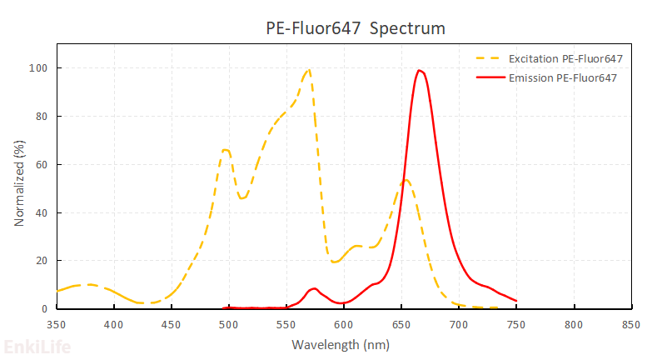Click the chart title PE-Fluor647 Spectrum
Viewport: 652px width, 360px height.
[x=355, y=28]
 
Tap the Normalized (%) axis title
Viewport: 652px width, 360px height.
[x=19, y=188]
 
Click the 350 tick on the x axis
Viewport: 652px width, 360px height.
[x=56, y=323]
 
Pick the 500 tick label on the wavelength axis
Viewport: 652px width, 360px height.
[x=228, y=323]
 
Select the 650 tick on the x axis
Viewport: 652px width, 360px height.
[x=401, y=323]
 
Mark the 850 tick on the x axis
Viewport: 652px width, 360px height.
[x=631, y=323]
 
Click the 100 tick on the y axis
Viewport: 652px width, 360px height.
[x=37, y=67]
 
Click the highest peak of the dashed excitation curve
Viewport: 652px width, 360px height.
[x=309, y=69]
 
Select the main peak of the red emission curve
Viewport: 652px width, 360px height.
[x=420, y=70]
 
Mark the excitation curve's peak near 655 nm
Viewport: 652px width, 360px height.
[x=406, y=179]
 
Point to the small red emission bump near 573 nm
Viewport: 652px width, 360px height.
[x=313, y=288]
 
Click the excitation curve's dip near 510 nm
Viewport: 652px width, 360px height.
[x=242, y=197]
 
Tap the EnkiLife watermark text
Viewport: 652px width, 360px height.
[x=37, y=347]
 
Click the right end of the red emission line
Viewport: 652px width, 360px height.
[x=516, y=300]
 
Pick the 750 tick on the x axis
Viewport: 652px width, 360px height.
[x=516, y=323]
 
